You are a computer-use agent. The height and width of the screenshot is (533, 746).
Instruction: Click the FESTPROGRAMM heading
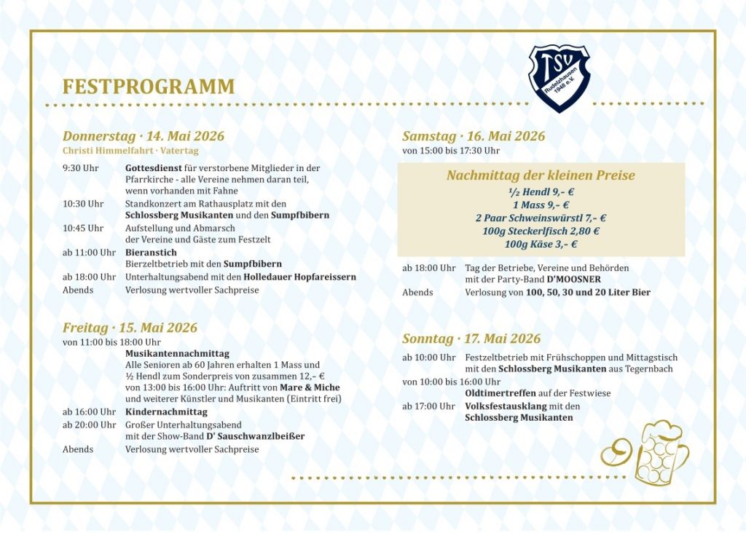tap(149, 87)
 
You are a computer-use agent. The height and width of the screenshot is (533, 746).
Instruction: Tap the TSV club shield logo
tap(559, 78)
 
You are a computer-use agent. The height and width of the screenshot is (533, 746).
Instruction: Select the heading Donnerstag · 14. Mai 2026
tap(144, 136)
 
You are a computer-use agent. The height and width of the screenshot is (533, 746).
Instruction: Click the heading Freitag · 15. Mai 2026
tap(130, 328)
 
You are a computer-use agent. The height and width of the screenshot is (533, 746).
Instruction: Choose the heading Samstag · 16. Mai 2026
tap(474, 136)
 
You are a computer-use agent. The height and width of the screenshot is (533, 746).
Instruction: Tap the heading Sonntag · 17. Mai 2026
tap(471, 339)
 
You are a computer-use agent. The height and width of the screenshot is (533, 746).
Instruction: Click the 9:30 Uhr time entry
tap(80, 168)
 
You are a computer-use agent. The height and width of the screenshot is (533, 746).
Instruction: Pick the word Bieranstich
tap(151, 253)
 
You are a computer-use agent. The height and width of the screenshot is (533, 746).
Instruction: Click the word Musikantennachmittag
tap(177, 353)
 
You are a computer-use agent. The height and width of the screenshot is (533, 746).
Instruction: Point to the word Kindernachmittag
tap(166, 411)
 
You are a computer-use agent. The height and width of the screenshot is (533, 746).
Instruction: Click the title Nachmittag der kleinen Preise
tap(541, 175)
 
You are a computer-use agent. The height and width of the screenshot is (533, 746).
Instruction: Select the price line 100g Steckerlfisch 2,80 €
tap(541, 231)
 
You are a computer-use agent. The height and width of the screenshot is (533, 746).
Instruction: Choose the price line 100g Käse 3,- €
tap(541, 244)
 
